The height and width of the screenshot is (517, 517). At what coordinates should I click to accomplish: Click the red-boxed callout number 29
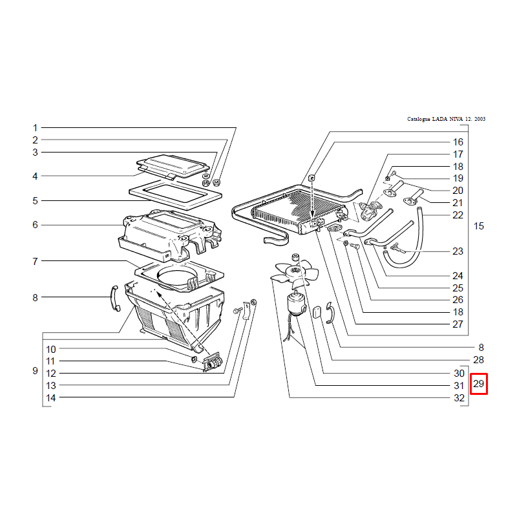(x=478, y=384)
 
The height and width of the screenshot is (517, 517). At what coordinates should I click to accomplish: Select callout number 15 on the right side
(x=478, y=226)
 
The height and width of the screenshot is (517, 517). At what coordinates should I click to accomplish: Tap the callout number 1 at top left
(x=36, y=127)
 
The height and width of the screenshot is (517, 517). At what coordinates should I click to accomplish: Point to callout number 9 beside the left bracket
(x=36, y=370)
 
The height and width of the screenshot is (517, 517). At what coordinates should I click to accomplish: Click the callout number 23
(x=458, y=251)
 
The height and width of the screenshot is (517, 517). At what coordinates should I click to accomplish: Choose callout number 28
(x=478, y=360)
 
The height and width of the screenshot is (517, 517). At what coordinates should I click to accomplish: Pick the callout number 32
(x=459, y=398)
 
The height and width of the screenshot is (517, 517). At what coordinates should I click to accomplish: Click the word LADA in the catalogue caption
(x=439, y=119)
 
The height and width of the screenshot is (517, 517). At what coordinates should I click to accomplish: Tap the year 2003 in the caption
(x=480, y=119)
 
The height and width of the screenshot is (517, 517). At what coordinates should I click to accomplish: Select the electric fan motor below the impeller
(x=297, y=304)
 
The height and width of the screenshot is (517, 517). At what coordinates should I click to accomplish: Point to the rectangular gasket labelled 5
(x=175, y=195)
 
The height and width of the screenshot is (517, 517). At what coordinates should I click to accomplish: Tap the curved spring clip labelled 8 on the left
(x=115, y=298)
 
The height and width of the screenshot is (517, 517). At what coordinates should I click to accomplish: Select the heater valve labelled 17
(x=370, y=211)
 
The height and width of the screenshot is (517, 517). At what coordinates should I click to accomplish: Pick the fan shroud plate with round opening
(x=179, y=277)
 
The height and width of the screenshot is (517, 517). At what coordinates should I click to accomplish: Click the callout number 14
(x=51, y=398)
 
